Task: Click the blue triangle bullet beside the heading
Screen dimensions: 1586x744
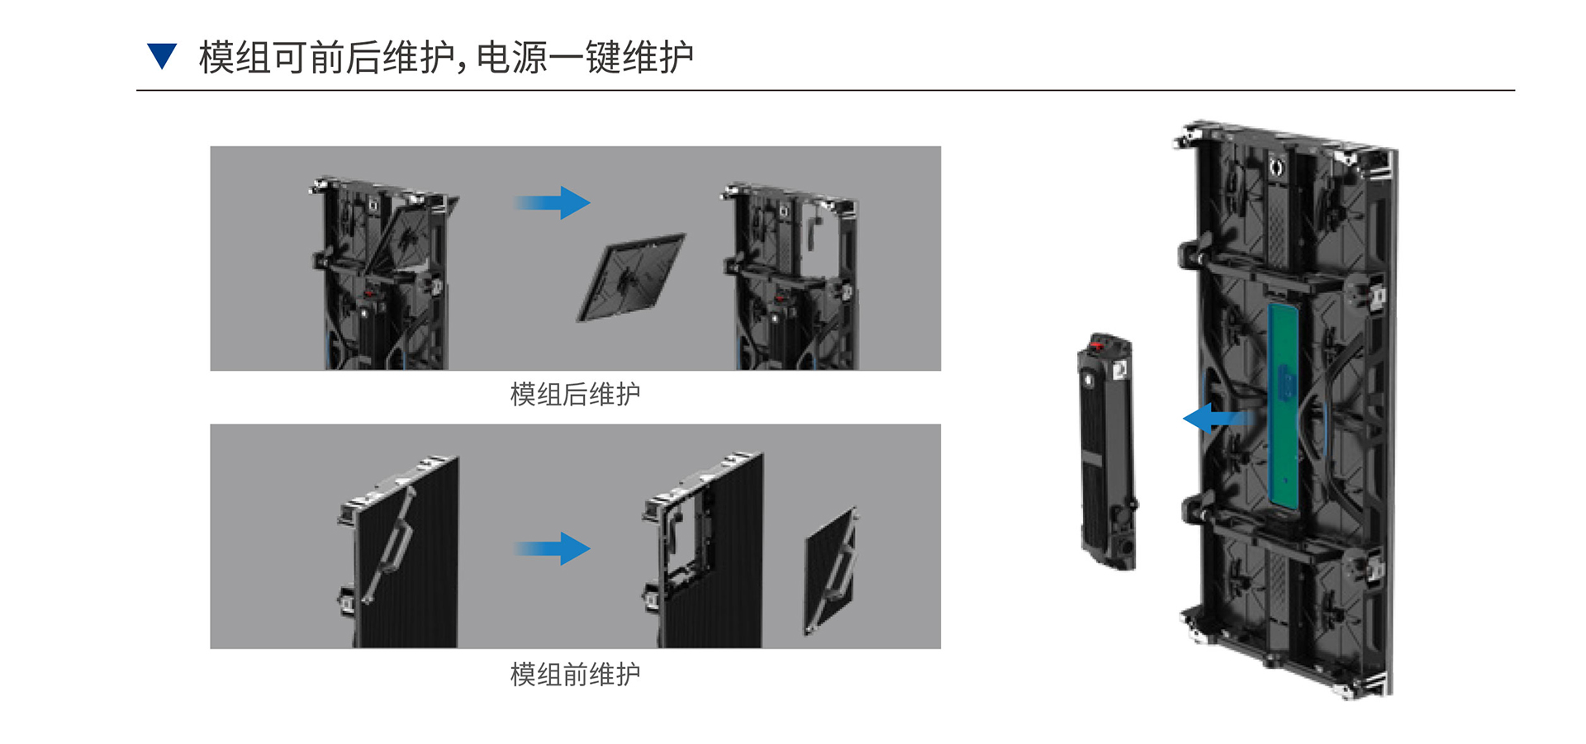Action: coord(162,55)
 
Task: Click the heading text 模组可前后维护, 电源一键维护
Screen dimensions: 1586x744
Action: coord(446,58)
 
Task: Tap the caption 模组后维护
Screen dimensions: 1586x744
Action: coord(575,395)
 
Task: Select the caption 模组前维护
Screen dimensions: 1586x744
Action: coord(575,675)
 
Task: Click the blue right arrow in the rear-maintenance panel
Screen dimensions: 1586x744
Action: coord(552,202)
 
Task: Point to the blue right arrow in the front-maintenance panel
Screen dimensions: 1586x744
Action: coord(552,548)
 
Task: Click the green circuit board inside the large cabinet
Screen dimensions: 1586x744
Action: coord(1283,406)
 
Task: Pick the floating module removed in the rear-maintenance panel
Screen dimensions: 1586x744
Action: coord(631,277)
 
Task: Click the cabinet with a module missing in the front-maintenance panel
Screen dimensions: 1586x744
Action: coord(704,550)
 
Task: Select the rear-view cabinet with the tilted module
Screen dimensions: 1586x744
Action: coord(384,273)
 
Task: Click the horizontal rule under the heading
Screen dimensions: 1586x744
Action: coord(825,90)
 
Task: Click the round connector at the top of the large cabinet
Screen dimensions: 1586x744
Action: coord(1276,168)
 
